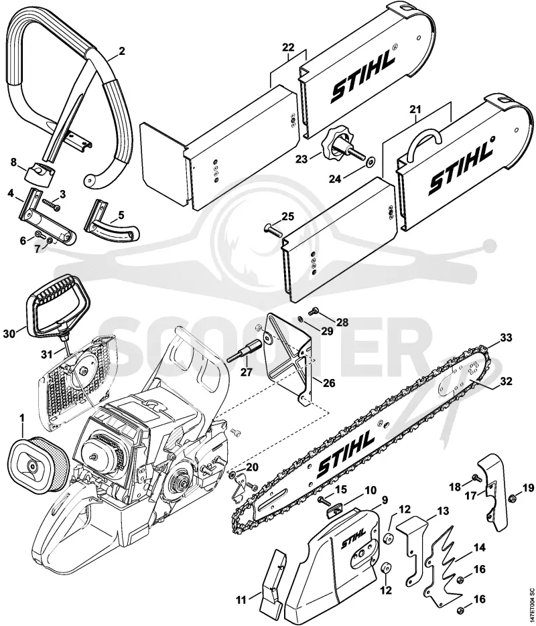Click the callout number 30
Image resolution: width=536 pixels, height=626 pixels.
[9, 333]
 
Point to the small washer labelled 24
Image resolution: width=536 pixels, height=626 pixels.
[371, 162]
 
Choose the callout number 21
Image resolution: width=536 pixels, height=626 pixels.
[415, 108]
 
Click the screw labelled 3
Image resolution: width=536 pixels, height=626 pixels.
[51, 204]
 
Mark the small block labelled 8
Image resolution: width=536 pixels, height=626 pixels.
[41, 175]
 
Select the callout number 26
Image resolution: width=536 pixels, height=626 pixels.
[329, 384]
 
